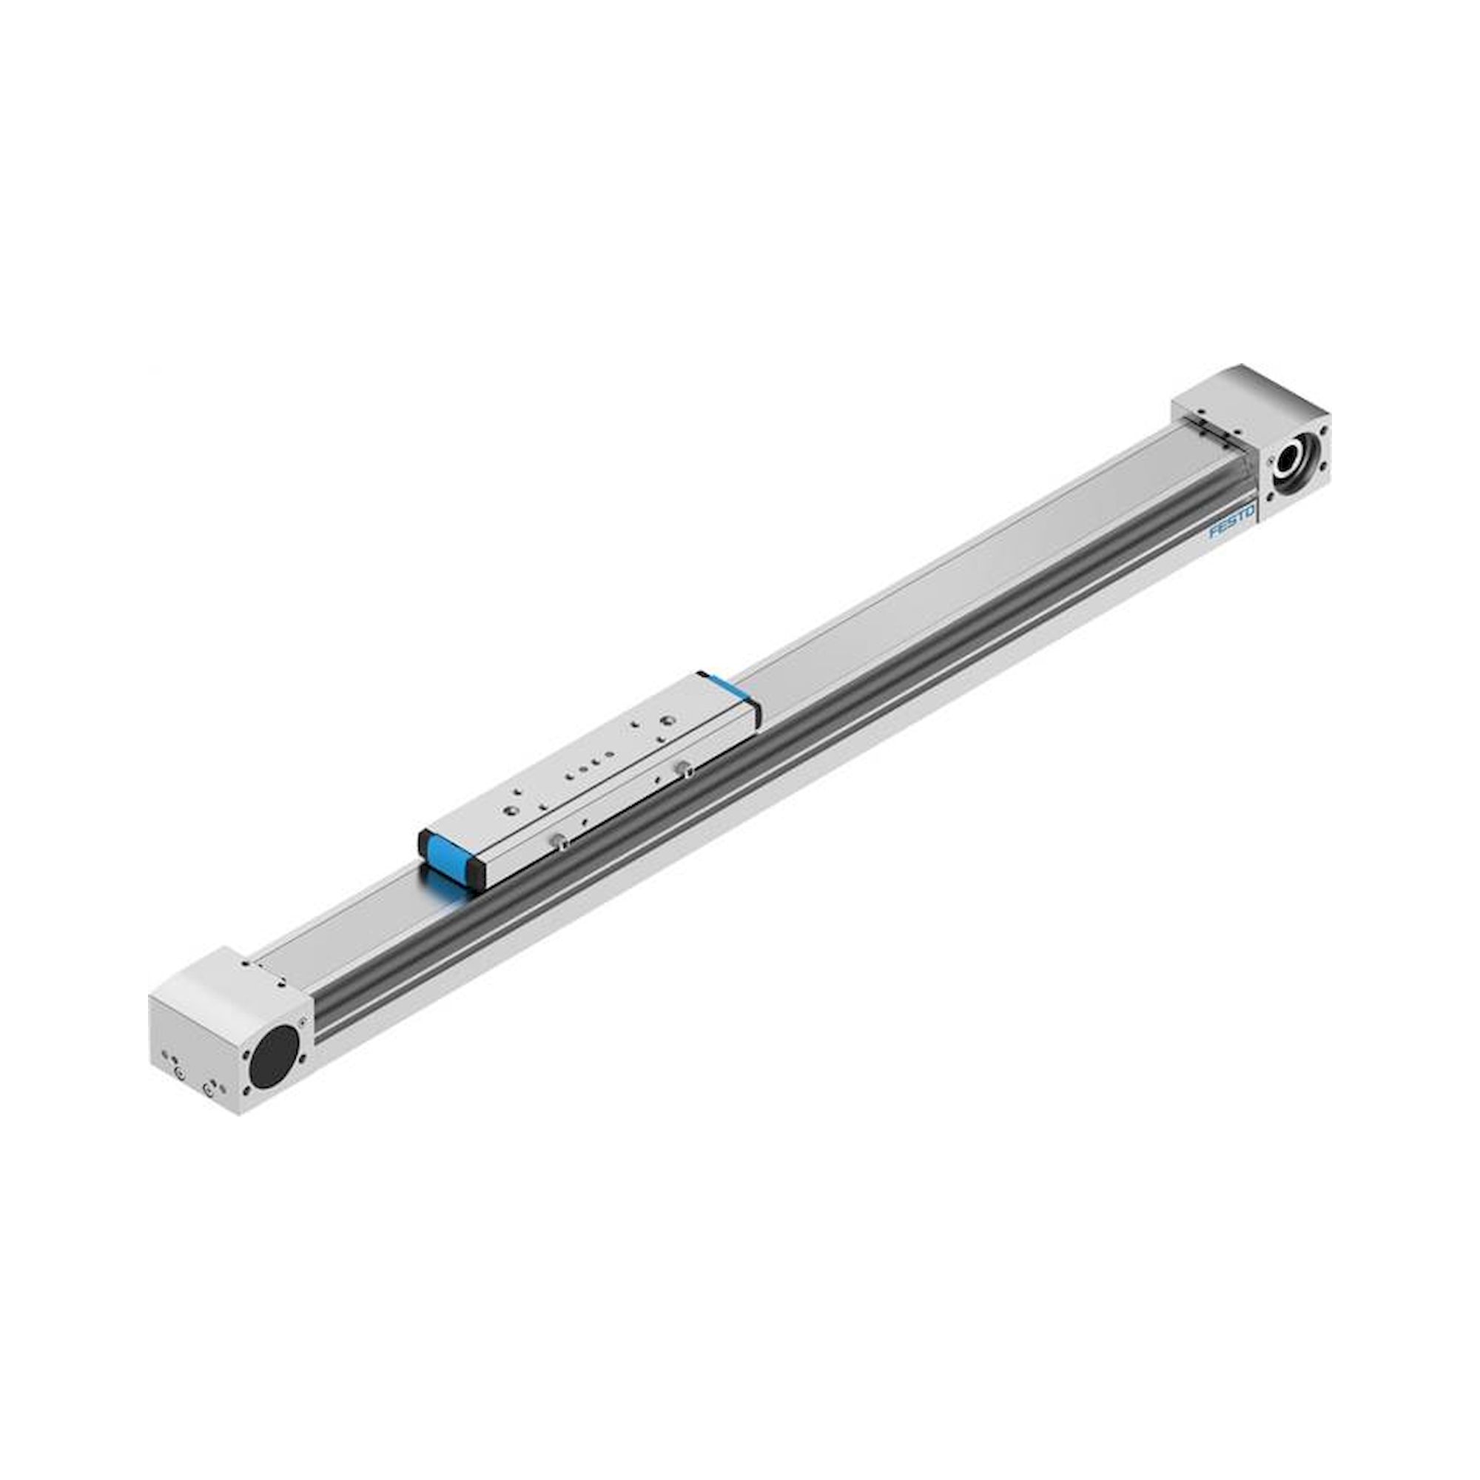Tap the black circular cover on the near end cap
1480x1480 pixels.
coord(276,1054)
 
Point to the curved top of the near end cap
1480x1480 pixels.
coord(222,983)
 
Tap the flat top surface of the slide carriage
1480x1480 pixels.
coord(590,766)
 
